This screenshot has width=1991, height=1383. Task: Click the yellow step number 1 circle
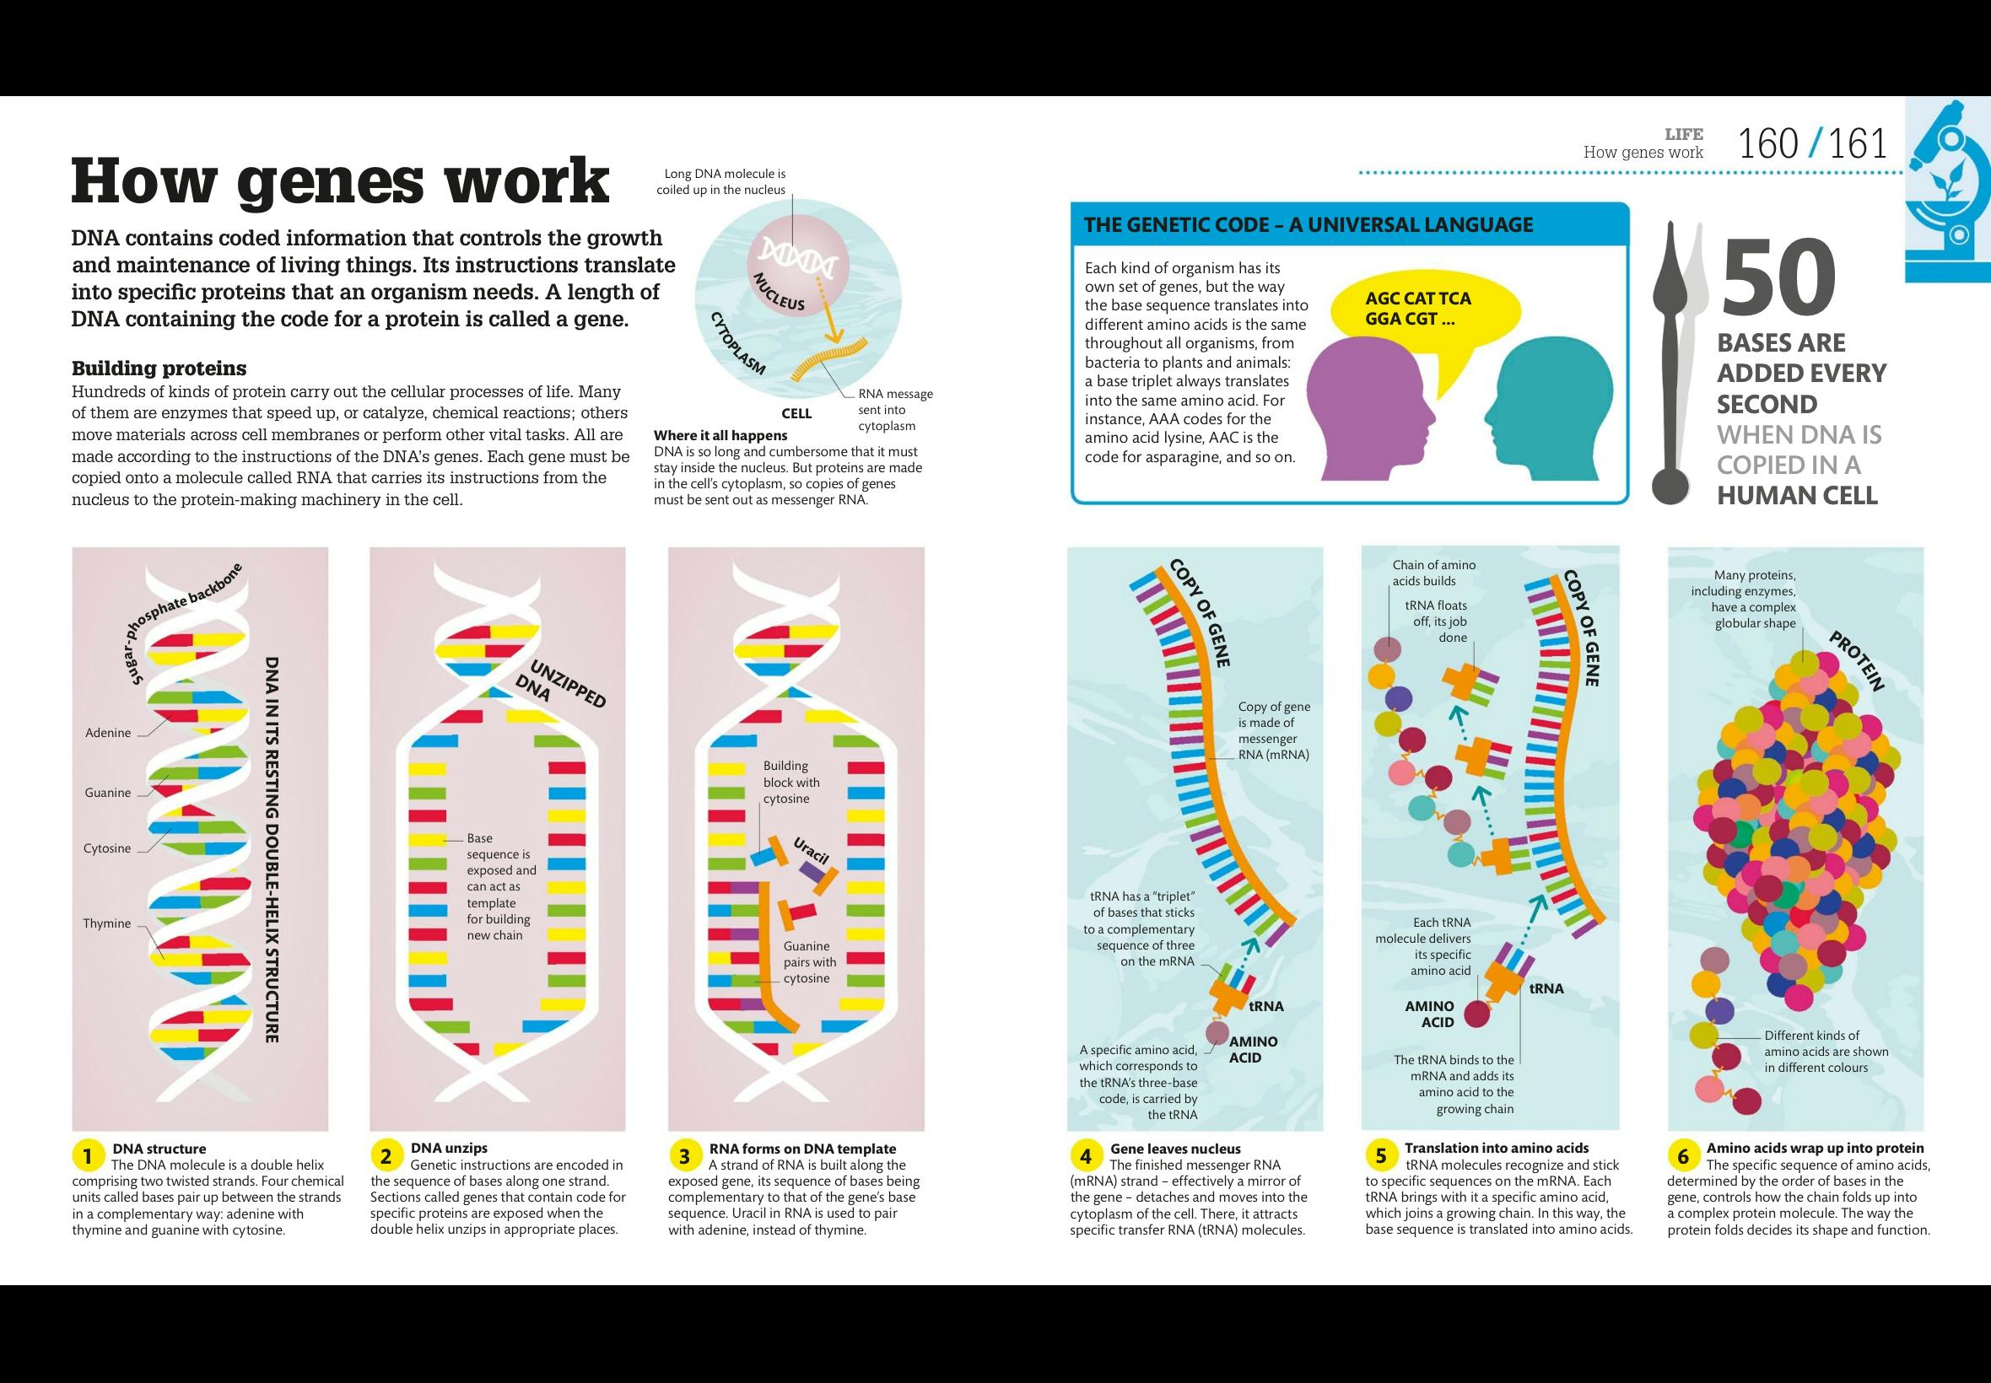[86, 1156]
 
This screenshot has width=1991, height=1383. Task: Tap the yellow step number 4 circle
[1085, 1156]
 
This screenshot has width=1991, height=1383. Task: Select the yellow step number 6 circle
[1683, 1156]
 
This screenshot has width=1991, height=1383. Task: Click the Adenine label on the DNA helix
[107, 733]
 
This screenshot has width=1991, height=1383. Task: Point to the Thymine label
[106, 923]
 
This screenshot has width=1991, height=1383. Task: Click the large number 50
[1778, 278]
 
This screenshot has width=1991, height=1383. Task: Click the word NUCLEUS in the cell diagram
[779, 291]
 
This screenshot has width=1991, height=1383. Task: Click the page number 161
[1857, 145]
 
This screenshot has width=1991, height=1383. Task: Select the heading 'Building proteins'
[159, 369]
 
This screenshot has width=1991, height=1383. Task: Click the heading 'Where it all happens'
[720, 435]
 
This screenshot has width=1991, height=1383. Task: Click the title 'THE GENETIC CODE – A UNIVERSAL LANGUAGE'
[1308, 225]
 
